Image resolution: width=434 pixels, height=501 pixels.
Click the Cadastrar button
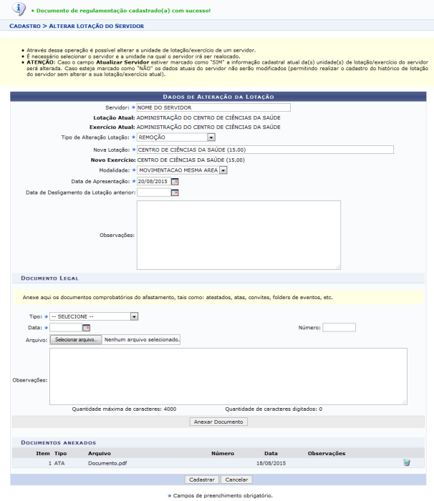click(x=201, y=479)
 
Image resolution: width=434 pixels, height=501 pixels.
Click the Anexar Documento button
click(x=219, y=422)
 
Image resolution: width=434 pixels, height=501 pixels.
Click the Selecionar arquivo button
click(x=75, y=340)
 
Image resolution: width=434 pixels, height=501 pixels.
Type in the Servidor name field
click(x=213, y=107)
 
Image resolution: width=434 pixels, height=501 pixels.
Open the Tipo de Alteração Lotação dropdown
click(x=176, y=137)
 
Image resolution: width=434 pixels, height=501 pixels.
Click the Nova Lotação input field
click(x=265, y=150)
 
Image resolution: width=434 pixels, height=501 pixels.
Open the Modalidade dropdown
click(x=182, y=170)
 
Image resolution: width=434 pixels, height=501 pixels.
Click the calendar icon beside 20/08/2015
click(x=175, y=182)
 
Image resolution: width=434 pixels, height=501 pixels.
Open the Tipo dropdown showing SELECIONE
click(x=94, y=316)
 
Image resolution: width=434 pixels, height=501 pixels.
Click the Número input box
click(x=339, y=328)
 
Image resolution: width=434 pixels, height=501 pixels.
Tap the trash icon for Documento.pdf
click(x=406, y=463)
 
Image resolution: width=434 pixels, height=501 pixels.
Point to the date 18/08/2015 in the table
click(x=271, y=463)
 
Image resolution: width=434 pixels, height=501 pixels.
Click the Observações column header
click(x=326, y=453)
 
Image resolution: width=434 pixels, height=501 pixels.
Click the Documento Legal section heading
click(x=50, y=277)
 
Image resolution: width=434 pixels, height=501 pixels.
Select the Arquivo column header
click(x=100, y=453)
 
